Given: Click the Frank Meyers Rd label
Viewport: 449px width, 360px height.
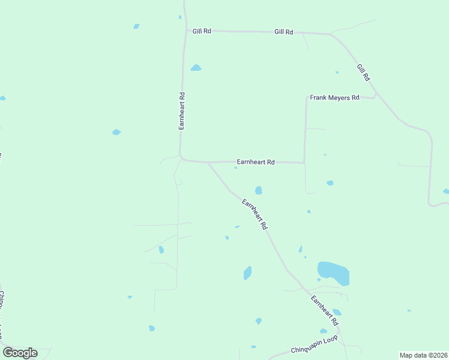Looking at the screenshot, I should tap(334, 97).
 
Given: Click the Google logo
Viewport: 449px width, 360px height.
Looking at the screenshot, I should tap(20, 353).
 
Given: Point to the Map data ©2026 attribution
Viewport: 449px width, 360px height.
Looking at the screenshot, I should tap(423, 355).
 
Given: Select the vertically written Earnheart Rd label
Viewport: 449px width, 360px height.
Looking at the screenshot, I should tap(181, 111).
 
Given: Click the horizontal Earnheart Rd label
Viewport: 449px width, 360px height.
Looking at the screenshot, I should tap(255, 162).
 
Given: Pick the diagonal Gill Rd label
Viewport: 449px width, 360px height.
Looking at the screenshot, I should tap(363, 73).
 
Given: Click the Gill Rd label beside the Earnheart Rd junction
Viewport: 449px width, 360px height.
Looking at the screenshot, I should tap(202, 31).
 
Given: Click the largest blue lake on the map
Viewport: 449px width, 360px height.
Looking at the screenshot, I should tap(334, 272).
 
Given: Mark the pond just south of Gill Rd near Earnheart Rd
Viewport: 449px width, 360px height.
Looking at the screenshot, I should tap(196, 68).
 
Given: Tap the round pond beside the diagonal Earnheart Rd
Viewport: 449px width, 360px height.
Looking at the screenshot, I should tap(259, 190).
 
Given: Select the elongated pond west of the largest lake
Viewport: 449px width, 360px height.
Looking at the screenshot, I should tap(247, 273).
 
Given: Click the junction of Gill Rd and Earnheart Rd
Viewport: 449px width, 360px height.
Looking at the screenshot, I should tap(184, 30).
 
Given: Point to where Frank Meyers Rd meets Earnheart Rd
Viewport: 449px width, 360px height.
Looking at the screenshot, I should tap(304, 163).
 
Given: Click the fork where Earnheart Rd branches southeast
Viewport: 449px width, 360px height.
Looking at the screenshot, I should tap(208, 162).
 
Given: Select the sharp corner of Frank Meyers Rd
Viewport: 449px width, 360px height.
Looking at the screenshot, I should tap(306, 98).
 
